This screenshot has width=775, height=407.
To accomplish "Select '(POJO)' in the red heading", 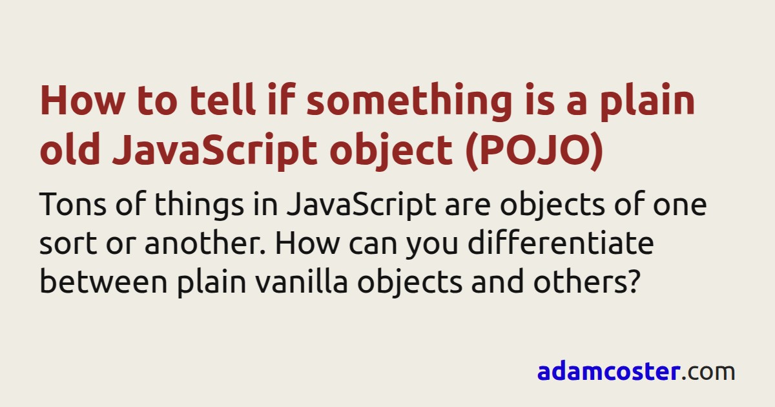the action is click(x=535, y=151).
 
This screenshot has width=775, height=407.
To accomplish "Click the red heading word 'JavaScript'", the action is click(x=214, y=151).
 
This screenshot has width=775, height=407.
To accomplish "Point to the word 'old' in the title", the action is click(x=70, y=148).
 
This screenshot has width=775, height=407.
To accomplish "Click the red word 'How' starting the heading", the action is click(x=82, y=99).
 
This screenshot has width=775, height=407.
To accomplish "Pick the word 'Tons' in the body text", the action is click(x=72, y=204).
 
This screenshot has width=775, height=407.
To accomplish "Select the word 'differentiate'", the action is click(x=561, y=242).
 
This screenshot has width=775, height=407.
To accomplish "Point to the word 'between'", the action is click(x=104, y=281).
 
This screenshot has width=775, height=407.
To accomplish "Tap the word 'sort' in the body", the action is click(x=68, y=244).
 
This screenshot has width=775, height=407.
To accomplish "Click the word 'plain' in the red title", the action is click(x=648, y=102).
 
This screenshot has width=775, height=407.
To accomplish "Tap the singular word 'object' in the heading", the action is click(x=391, y=151).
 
